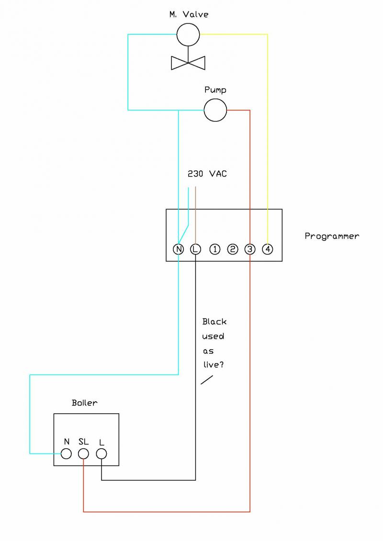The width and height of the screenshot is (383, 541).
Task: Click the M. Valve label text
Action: click(x=189, y=14)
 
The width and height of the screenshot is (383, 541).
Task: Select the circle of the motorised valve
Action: click(x=188, y=34)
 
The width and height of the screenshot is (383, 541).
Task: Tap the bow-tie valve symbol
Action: click(x=188, y=62)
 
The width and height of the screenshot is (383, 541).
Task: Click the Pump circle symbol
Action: click(x=215, y=110)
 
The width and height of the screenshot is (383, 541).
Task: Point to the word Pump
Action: click(x=215, y=90)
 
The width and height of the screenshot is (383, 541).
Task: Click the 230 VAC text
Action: click(x=207, y=174)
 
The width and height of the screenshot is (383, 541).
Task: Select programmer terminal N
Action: click(x=178, y=249)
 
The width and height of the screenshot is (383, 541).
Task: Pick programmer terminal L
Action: click(x=195, y=249)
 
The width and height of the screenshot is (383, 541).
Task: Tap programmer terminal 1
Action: click(x=215, y=249)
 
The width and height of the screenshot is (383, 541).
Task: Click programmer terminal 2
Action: click(x=233, y=249)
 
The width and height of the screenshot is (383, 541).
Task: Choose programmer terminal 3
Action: click(x=250, y=249)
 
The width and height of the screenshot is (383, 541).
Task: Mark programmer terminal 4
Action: click(x=268, y=249)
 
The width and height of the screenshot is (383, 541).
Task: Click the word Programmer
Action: click(x=332, y=236)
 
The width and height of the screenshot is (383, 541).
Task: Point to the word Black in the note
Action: click(x=214, y=322)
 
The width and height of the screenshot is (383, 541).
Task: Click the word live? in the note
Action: click(x=214, y=365)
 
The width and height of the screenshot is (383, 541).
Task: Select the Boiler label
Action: click(x=85, y=403)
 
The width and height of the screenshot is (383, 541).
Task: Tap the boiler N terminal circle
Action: click(x=67, y=453)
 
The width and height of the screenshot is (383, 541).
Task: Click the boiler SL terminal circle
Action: click(x=84, y=453)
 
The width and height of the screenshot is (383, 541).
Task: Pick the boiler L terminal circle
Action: click(x=101, y=453)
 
